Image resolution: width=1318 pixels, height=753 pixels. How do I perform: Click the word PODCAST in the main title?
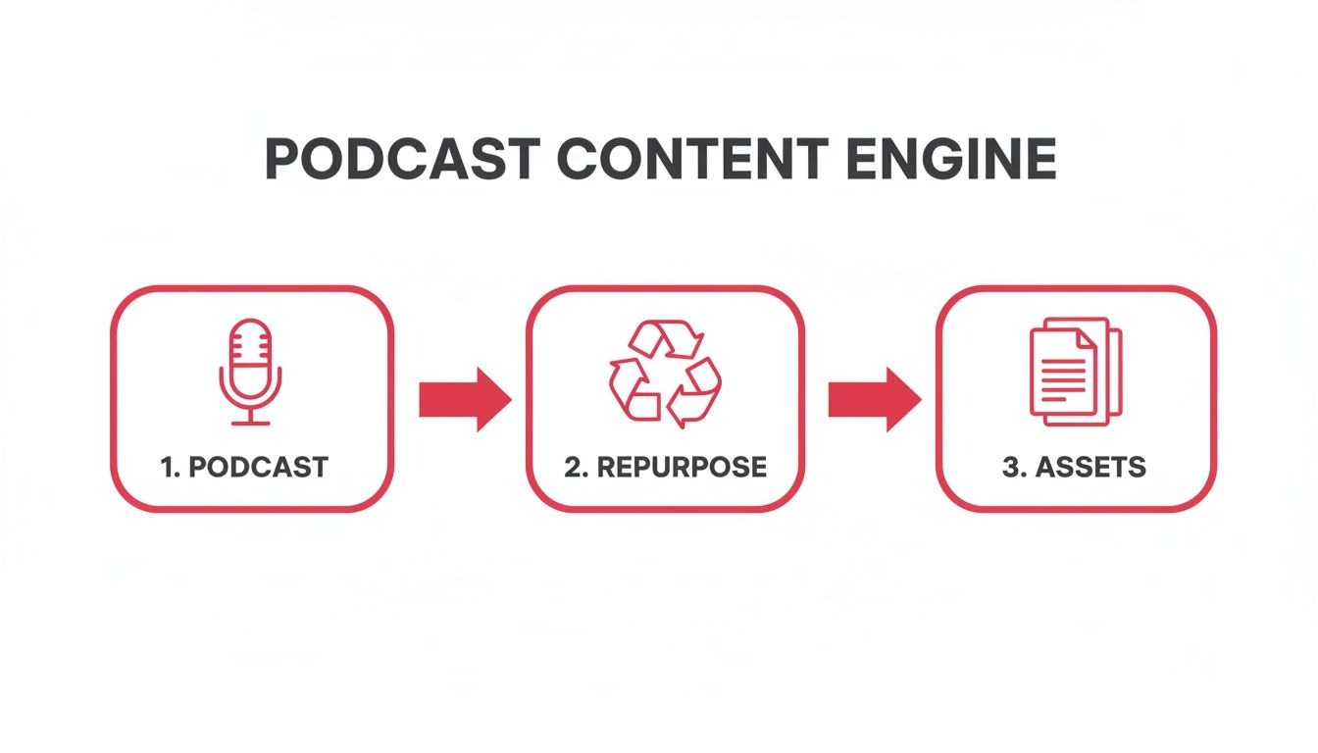tap(402, 160)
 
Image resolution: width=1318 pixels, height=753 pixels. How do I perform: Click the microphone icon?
tap(250, 373)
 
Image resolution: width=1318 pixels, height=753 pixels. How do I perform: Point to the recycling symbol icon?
tap(665, 373)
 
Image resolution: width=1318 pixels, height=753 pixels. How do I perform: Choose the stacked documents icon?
tap(1075, 373)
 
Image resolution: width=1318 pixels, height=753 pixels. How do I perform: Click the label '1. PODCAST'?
tap(244, 467)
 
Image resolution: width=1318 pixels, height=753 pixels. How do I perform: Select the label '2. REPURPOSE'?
tap(665, 467)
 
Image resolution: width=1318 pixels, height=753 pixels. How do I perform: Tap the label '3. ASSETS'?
tap(1074, 467)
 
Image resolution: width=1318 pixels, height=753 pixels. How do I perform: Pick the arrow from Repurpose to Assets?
tap(874, 399)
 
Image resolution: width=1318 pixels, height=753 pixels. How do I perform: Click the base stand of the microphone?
tap(250, 423)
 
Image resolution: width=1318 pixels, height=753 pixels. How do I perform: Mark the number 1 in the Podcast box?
tap(167, 467)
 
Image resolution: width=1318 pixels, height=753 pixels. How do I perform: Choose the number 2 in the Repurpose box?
tap(574, 467)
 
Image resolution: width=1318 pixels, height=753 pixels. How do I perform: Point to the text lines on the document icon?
tap(1063, 378)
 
